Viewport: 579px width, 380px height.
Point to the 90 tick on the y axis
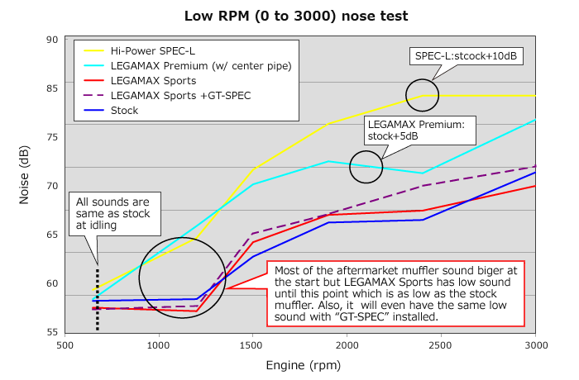coord(51,40)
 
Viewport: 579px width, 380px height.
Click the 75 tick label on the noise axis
coord(51,137)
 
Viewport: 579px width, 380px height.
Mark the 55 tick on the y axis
coord(51,332)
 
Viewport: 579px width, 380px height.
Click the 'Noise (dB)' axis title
coord(26,186)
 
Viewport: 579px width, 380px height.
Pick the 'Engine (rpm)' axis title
coord(301,364)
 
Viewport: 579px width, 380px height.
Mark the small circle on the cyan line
coord(366,167)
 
